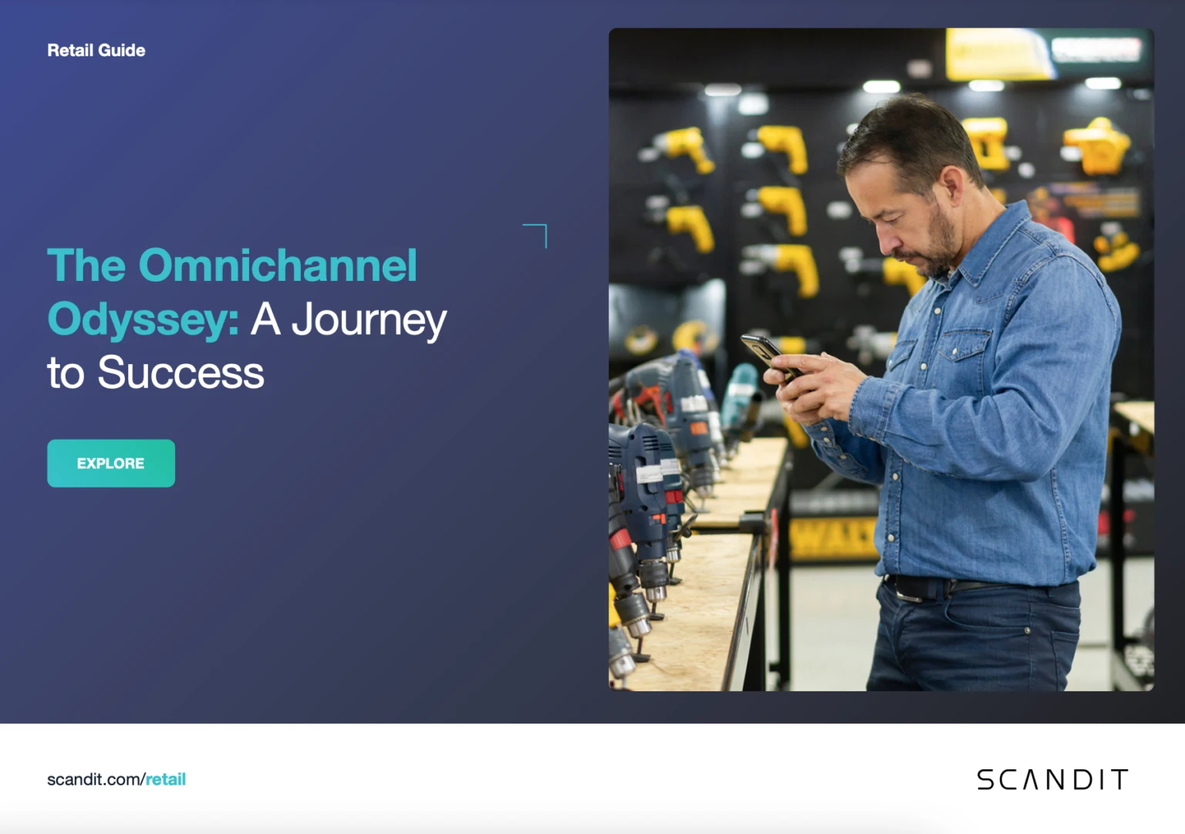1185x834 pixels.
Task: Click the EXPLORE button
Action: [110, 463]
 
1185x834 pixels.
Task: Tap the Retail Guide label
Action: [96, 50]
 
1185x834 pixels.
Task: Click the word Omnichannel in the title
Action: [278, 265]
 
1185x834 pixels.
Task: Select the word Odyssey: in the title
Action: [143, 319]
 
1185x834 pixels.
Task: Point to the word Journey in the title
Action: [369, 319]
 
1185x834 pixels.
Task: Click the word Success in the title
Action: [181, 373]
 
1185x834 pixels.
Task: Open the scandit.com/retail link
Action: [116, 779]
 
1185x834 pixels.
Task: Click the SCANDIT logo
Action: [1052, 779]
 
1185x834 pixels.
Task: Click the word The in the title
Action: [86, 265]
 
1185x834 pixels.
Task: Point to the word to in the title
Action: [66, 373]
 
